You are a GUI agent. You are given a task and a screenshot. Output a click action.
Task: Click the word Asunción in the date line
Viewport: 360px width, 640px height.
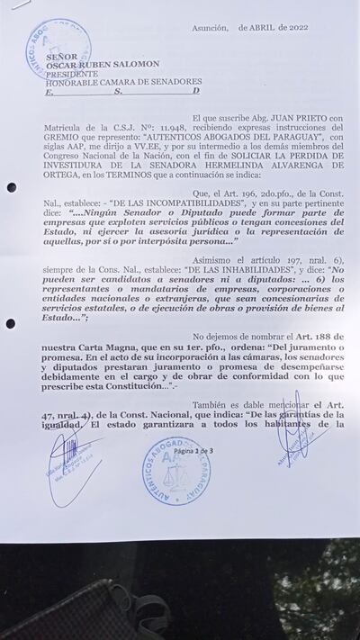[210, 28]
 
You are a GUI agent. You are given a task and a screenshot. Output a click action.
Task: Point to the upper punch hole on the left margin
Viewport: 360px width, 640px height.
[11, 187]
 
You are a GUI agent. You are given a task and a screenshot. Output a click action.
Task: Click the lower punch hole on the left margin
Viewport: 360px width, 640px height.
[10, 323]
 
